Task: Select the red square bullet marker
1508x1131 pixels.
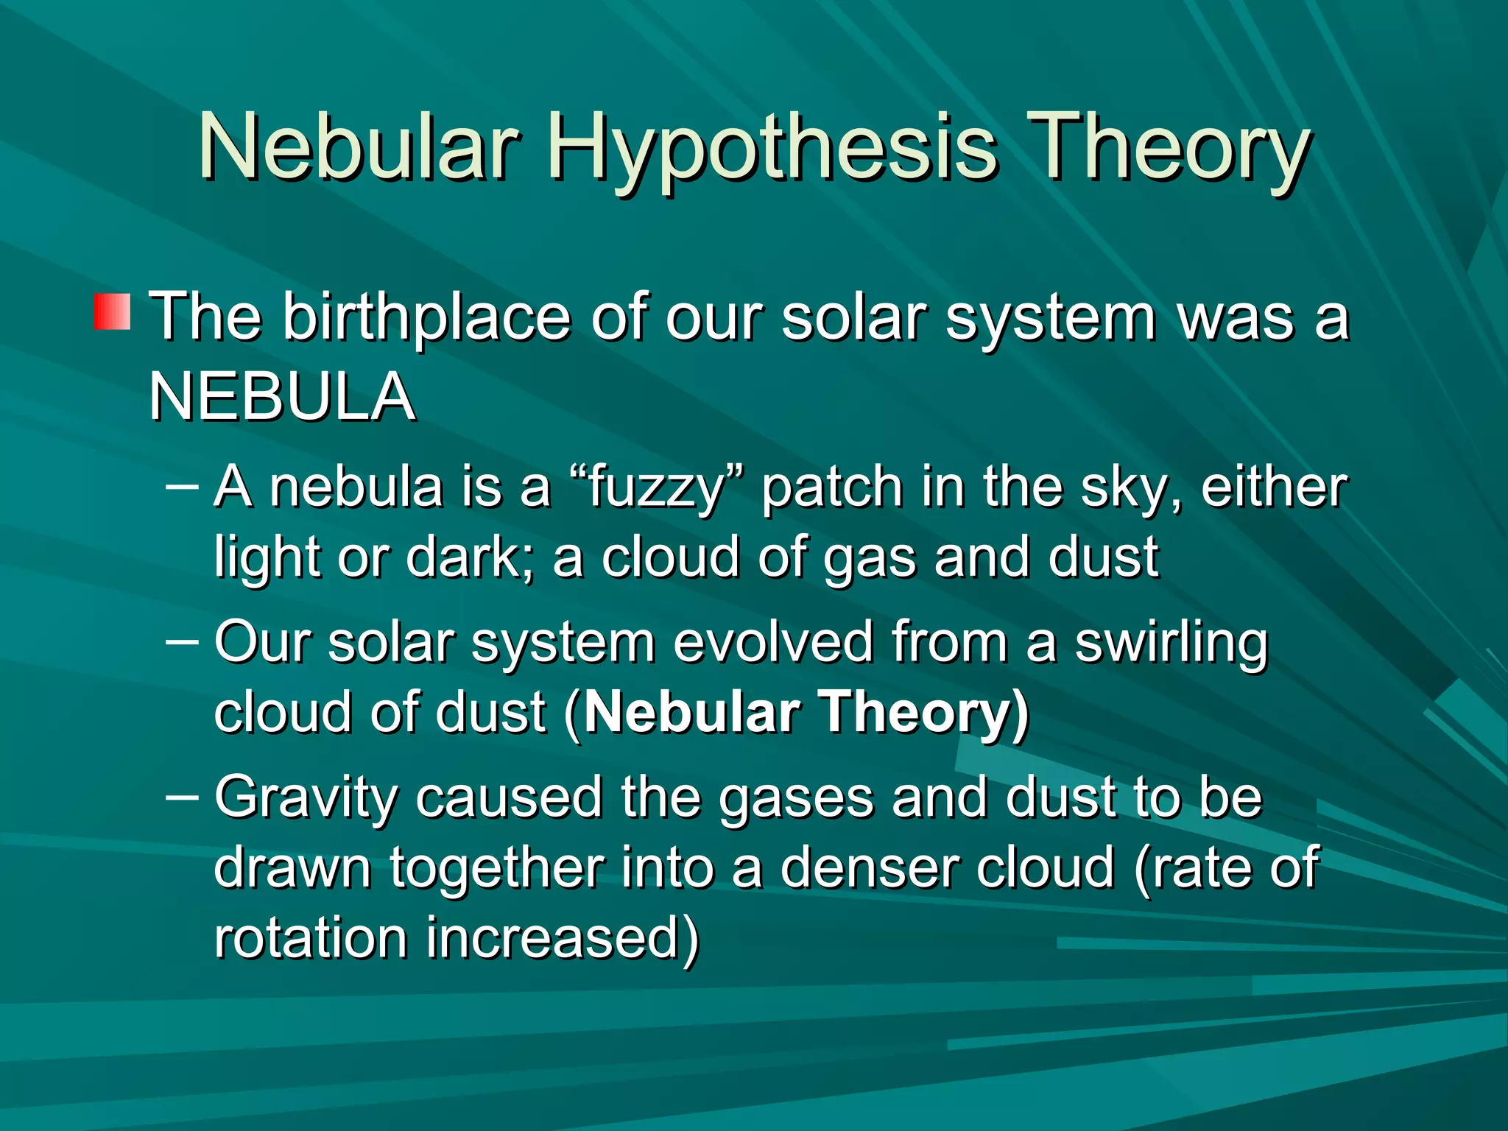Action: [112, 311]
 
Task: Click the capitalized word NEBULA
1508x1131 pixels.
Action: [281, 397]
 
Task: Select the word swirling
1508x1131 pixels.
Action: [1171, 644]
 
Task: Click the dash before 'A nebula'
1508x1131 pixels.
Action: [183, 486]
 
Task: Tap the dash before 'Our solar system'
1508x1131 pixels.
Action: [183, 641]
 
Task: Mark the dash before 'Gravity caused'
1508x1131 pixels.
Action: [183, 797]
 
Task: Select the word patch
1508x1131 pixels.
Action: [832, 488]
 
